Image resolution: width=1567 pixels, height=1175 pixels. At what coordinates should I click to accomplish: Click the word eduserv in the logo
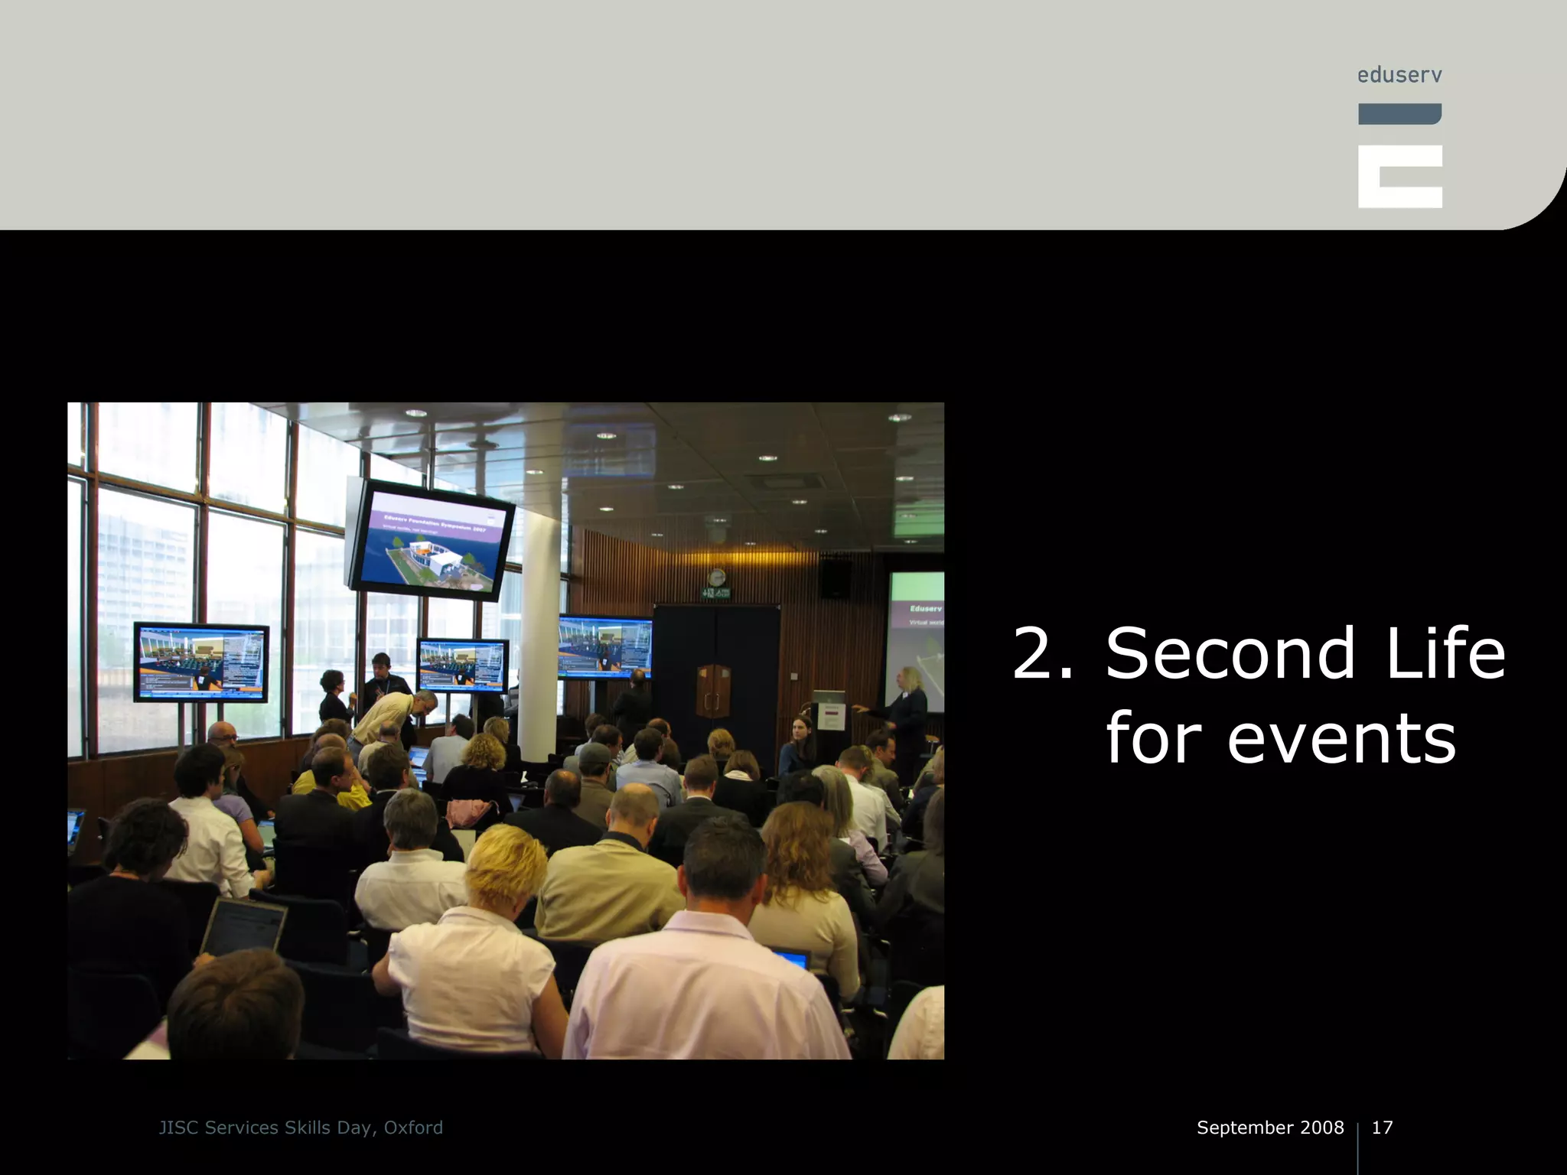click(x=1399, y=75)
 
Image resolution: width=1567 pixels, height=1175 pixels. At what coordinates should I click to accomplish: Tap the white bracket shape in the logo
click(x=1399, y=177)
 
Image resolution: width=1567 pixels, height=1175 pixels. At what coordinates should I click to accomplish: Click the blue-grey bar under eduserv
click(x=1399, y=114)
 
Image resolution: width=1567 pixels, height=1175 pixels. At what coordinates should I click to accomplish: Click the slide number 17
click(x=1382, y=1128)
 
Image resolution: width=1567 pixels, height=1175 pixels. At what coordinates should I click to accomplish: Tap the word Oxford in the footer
click(x=413, y=1128)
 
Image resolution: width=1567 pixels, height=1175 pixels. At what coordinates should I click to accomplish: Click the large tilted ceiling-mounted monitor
click(x=431, y=540)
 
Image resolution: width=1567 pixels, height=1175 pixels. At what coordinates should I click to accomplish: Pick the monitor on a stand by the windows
click(x=201, y=662)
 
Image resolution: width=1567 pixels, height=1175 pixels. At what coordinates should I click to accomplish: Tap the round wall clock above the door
click(x=716, y=578)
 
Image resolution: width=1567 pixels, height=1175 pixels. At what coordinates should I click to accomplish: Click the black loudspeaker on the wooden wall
click(x=835, y=578)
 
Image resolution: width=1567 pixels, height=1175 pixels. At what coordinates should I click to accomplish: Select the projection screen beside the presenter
click(x=915, y=635)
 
